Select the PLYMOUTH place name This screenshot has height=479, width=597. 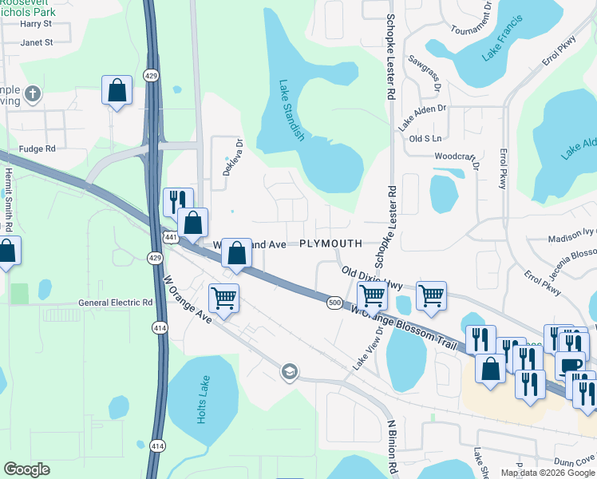coord(330,243)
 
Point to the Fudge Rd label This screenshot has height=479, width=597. coord(39,148)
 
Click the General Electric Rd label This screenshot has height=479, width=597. coord(115,303)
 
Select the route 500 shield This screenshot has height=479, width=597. coord(335,302)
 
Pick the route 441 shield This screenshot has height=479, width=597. coord(171,237)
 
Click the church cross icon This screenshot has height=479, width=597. coord(33,95)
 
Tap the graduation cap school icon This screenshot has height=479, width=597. coord(289,371)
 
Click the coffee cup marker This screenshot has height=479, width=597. coord(570,365)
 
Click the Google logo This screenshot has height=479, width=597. coord(26,469)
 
